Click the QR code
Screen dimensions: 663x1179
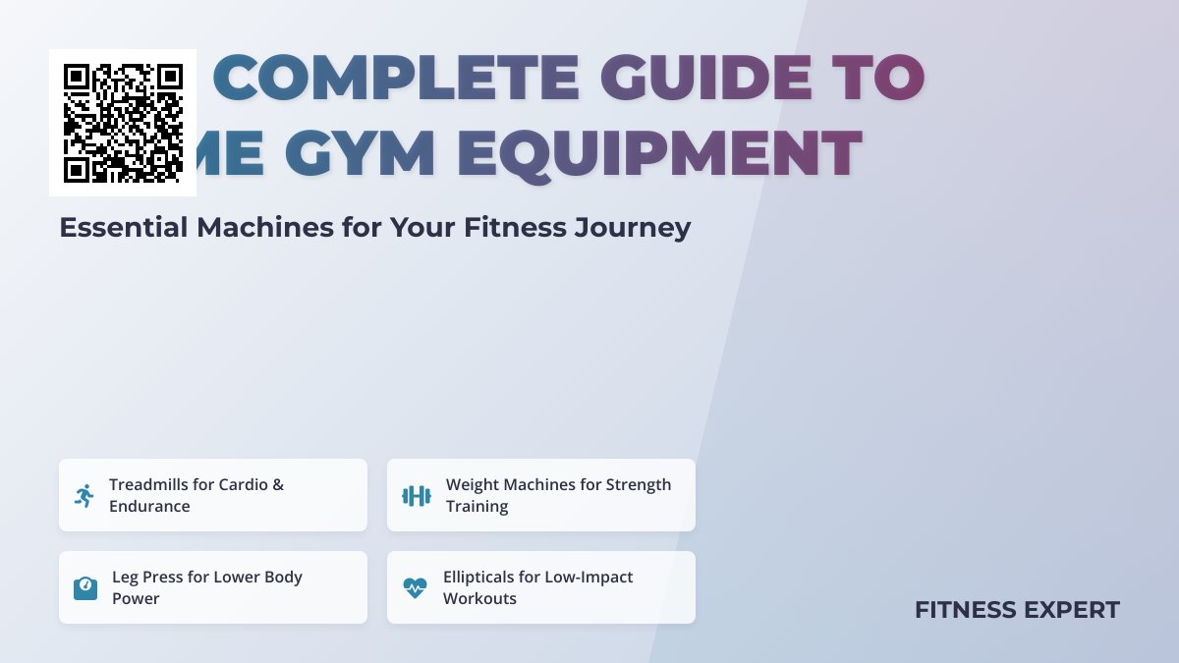coord(123,123)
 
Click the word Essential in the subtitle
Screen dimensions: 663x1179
coord(123,228)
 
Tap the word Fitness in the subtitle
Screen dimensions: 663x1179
coord(514,228)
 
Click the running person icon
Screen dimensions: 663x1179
coord(84,496)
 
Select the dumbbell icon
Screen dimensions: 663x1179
coord(417,496)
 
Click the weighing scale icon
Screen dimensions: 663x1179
coord(85,588)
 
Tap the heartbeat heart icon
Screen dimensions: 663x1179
coord(416,588)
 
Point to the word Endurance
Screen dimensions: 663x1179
coord(149,507)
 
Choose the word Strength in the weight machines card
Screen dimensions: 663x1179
coord(639,484)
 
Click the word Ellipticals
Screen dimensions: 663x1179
coord(489,577)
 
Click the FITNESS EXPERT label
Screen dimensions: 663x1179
coord(1017,610)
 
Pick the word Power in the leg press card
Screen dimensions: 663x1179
coord(136,599)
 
